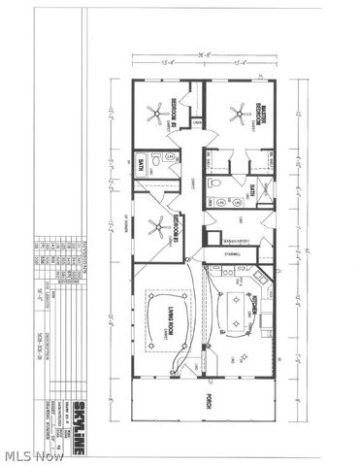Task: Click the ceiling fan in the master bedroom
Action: tap(237, 115)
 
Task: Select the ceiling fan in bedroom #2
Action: tap(153, 115)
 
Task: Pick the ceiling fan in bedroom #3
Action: tap(155, 228)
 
